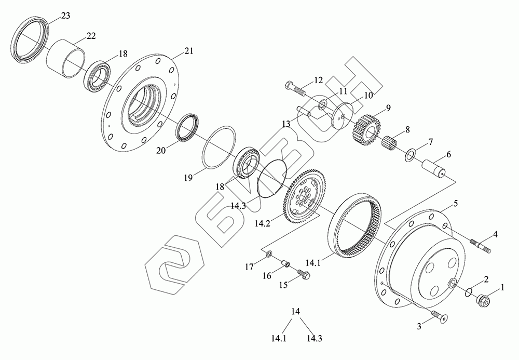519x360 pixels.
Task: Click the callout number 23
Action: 65,16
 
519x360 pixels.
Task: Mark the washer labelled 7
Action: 409,154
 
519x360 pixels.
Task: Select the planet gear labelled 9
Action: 366,127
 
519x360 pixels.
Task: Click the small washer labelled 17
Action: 269,255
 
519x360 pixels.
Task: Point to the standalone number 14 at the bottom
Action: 296,312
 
